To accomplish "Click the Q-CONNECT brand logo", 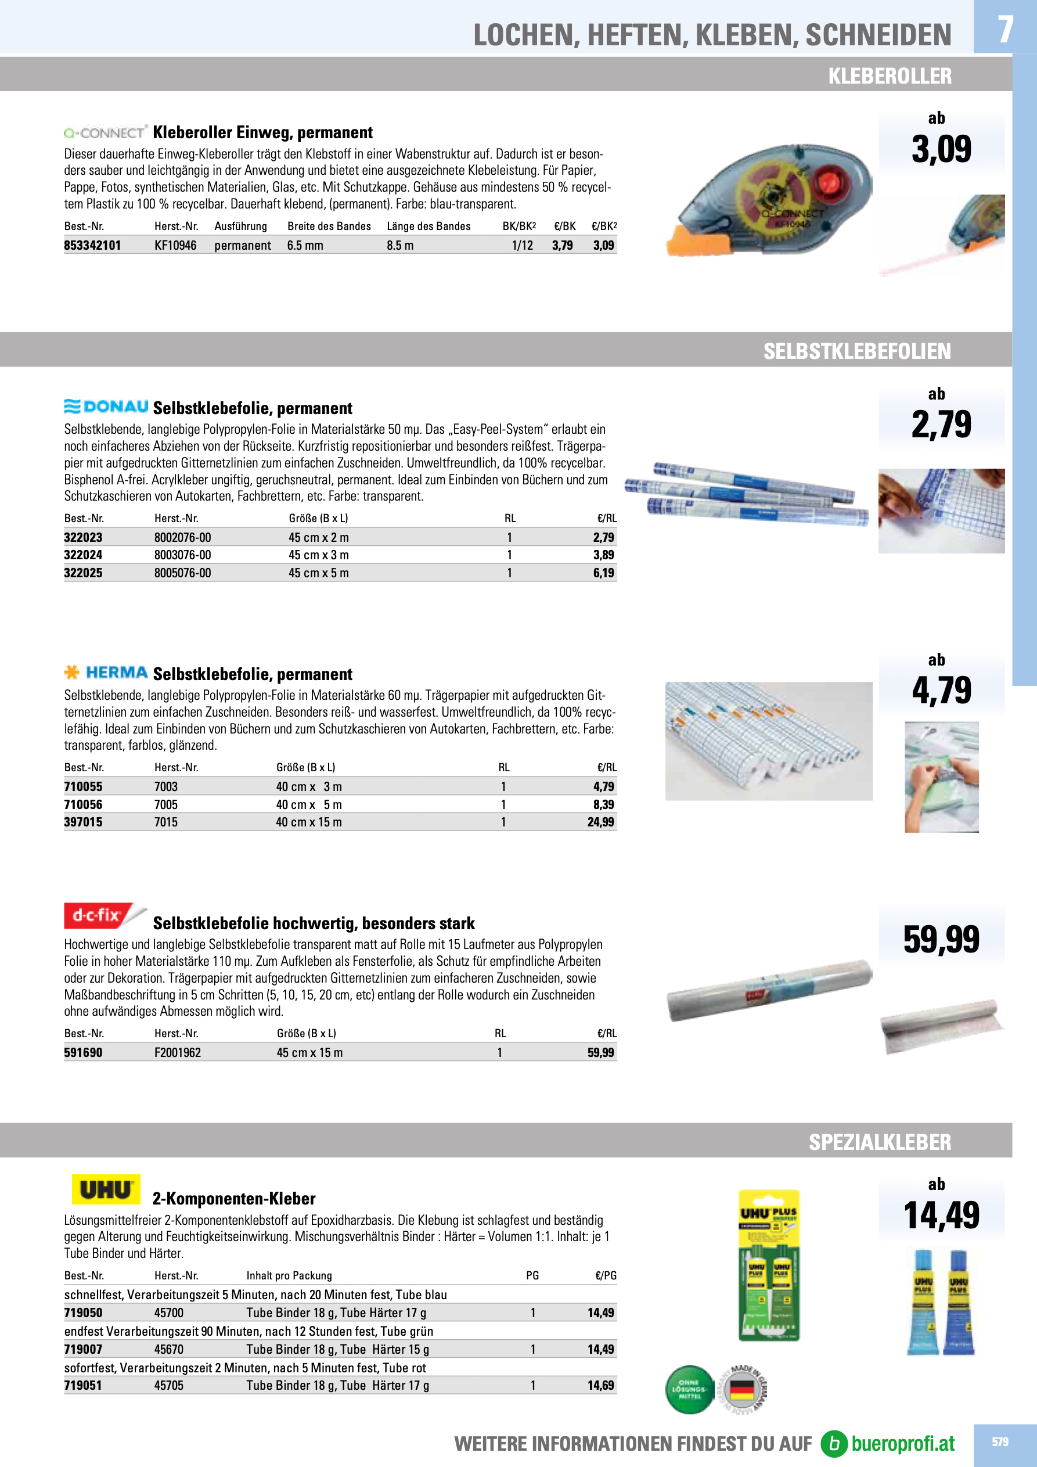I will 106,133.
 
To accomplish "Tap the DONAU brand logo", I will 107,407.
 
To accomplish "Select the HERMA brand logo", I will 107,673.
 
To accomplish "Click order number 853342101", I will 93,245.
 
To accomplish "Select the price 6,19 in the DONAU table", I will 603,573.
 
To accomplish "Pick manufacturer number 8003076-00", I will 183,555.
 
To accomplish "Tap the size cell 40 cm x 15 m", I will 309,822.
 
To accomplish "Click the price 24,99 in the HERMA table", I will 600,822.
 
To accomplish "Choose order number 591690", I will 83,1052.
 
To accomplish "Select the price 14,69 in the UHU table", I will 600,1385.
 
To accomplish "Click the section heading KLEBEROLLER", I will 890,76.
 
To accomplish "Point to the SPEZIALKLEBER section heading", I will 880,1142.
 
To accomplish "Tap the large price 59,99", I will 941,939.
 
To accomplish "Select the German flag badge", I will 742,1389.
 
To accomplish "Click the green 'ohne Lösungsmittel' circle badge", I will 689,1389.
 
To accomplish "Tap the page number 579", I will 1000,1441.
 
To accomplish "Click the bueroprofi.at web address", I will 902,1443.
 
